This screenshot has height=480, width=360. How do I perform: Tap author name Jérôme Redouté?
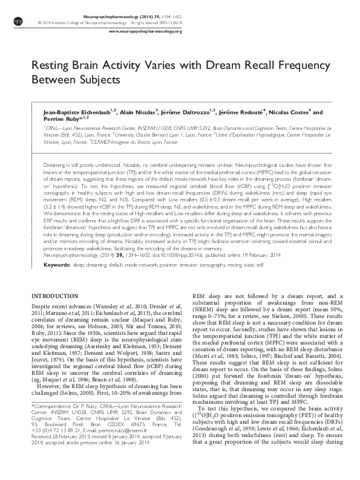pyautogui.click(x=240, y=113)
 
